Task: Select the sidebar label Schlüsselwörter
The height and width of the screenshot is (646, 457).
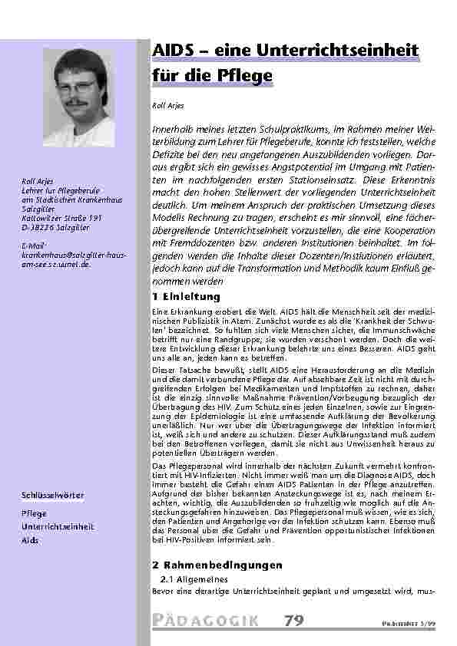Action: tap(52, 496)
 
